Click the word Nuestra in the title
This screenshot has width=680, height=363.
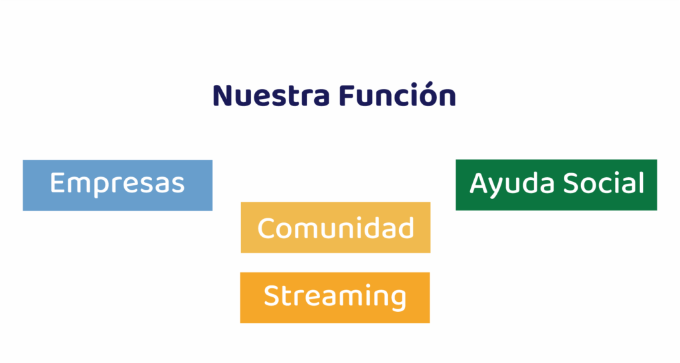point(271,96)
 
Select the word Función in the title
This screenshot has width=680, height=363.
point(397,94)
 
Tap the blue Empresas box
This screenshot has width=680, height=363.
point(118,185)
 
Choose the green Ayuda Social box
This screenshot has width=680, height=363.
point(556,185)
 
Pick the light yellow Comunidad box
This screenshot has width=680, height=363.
point(335,228)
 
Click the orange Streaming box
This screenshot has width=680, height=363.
point(335,297)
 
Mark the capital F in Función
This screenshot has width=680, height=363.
point(347,96)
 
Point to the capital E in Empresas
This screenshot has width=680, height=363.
point(57,182)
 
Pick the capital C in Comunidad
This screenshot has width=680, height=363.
point(267,228)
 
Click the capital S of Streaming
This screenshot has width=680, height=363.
point(272,295)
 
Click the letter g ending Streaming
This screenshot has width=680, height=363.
point(398,300)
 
